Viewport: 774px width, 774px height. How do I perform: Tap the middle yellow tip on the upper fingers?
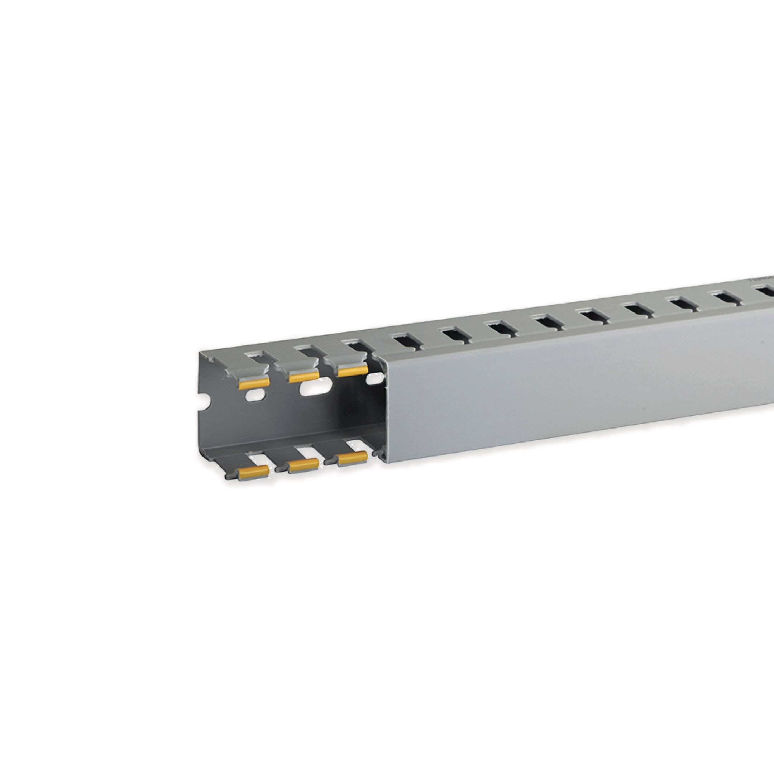[303, 376]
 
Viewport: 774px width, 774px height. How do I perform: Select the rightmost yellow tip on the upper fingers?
[352, 371]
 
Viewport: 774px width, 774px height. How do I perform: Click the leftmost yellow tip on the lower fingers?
[253, 473]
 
